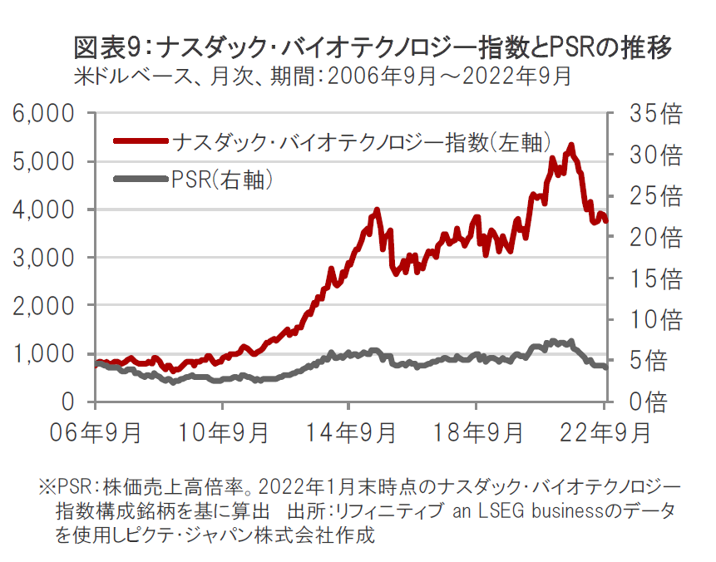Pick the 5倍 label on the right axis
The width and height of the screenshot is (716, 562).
click(x=645, y=362)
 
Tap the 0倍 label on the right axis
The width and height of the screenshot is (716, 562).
click(x=645, y=403)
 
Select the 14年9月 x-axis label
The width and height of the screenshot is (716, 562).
click(x=349, y=433)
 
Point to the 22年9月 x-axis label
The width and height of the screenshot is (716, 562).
click(x=603, y=433)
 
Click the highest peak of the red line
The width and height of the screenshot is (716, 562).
click(x=571, y=145)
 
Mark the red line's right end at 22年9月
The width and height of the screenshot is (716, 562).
click(x=606, y=221)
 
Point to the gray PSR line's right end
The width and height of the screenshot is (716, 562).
click(x=606, y=367)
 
